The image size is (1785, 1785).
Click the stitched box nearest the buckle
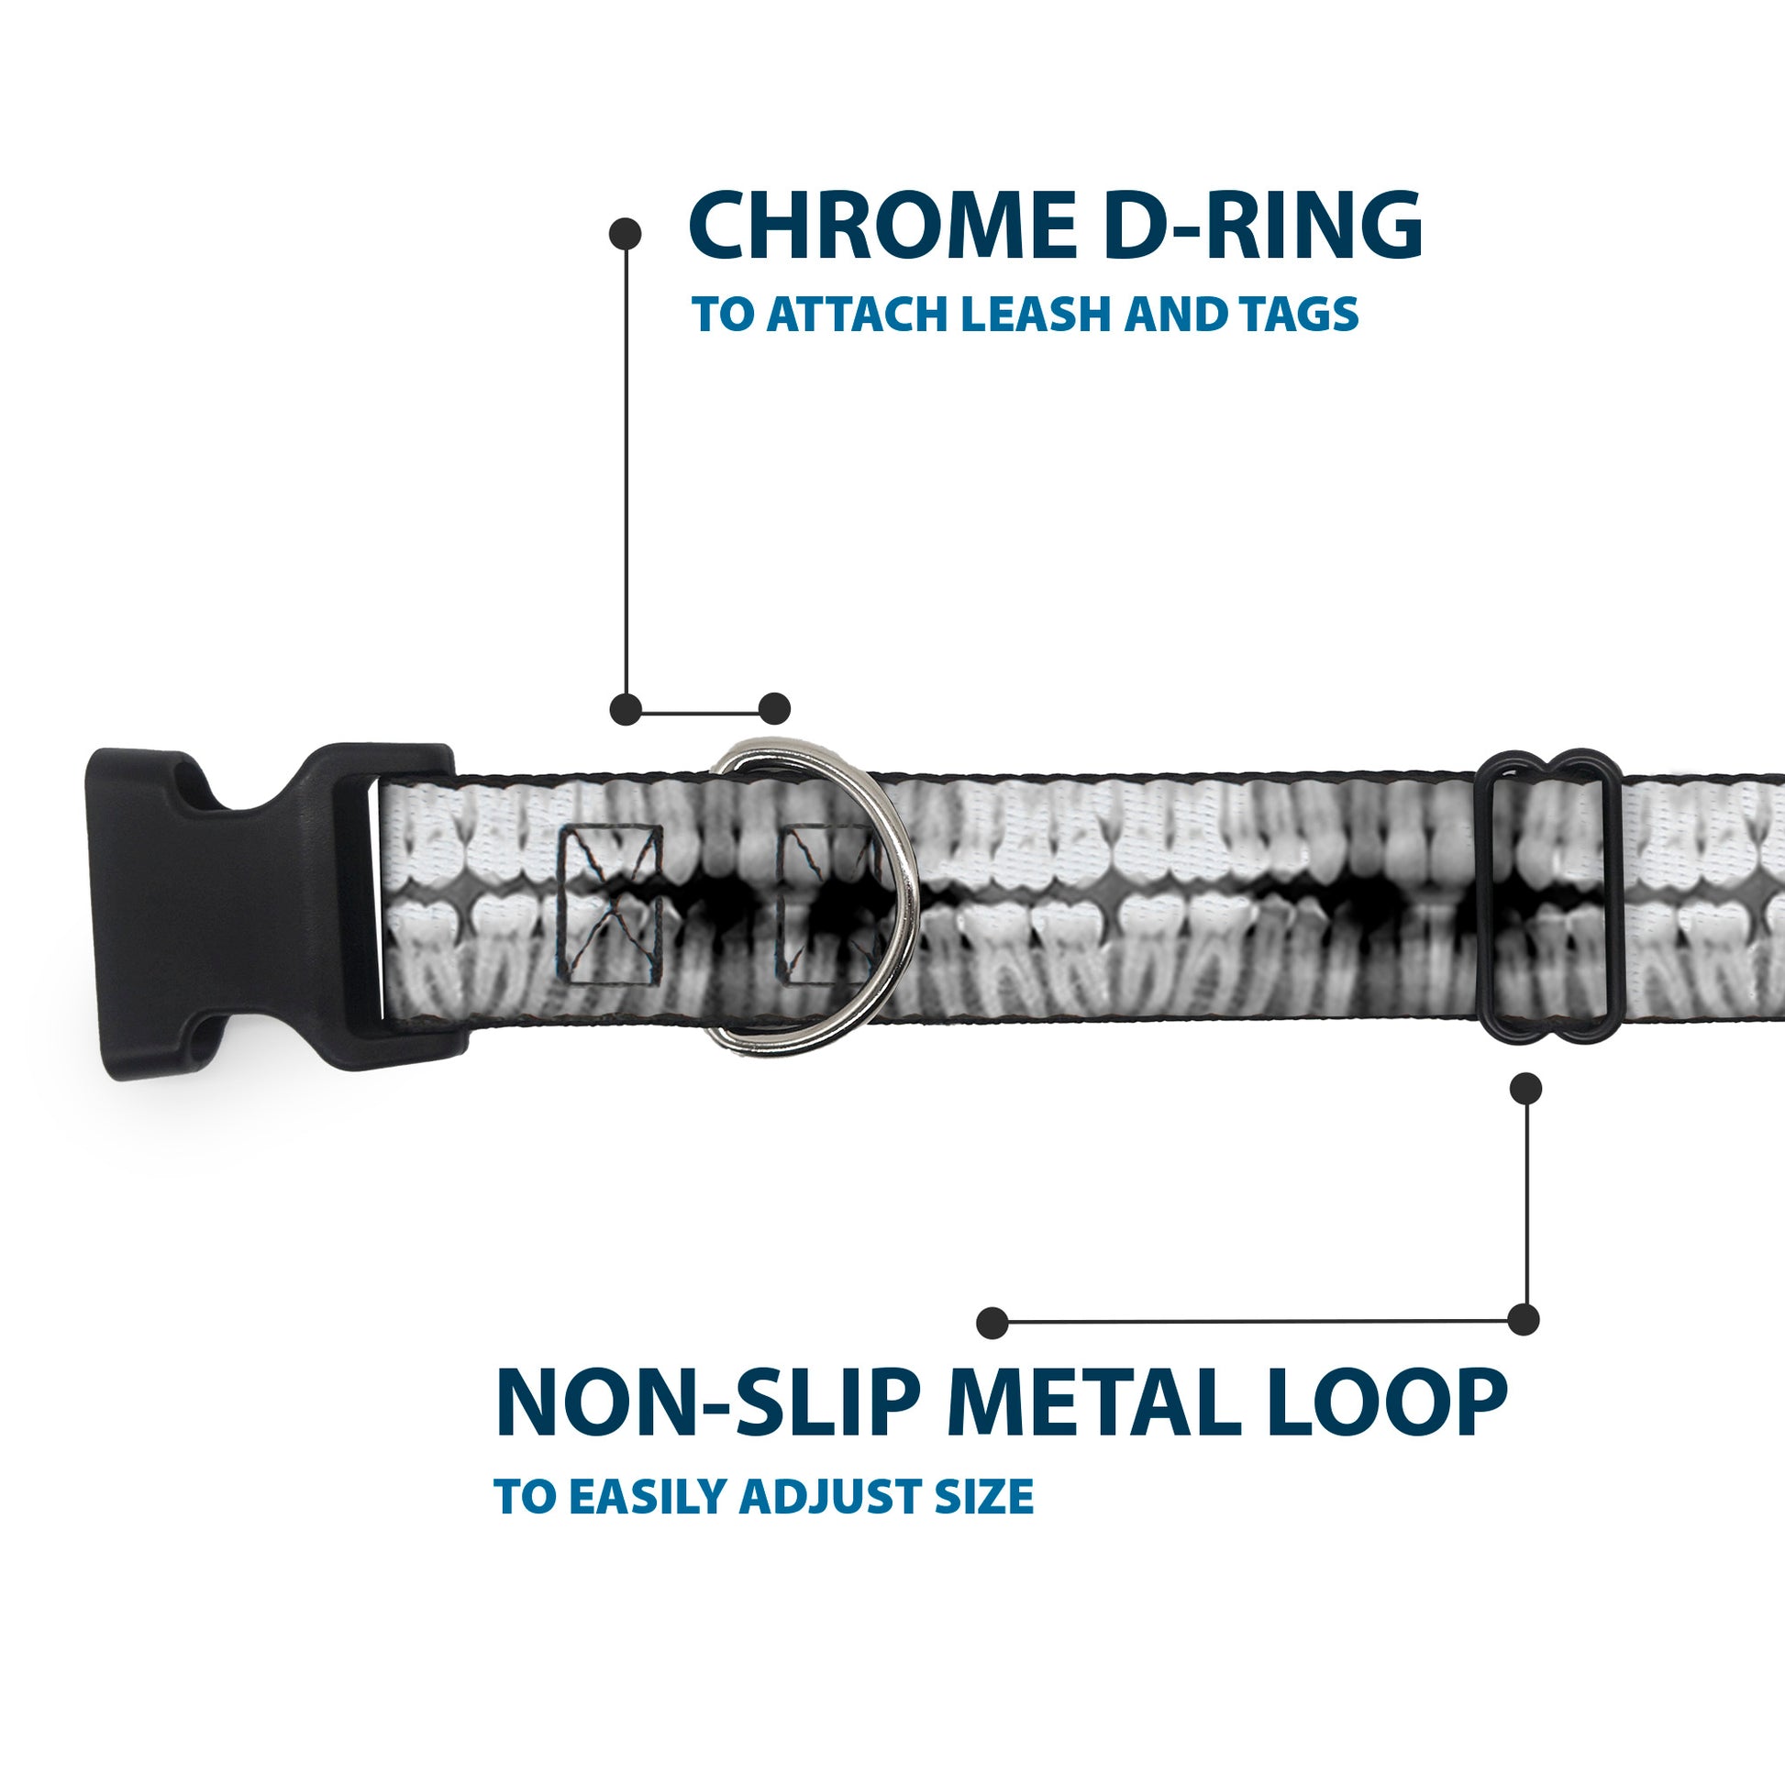[x=613, y=904]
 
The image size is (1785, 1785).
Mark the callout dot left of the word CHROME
[x=626, y=234]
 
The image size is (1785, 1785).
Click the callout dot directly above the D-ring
[x=774, y=710]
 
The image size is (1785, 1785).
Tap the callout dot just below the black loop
[x=1525, y=1089]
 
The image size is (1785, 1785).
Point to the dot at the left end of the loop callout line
[x=992, y=1322]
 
